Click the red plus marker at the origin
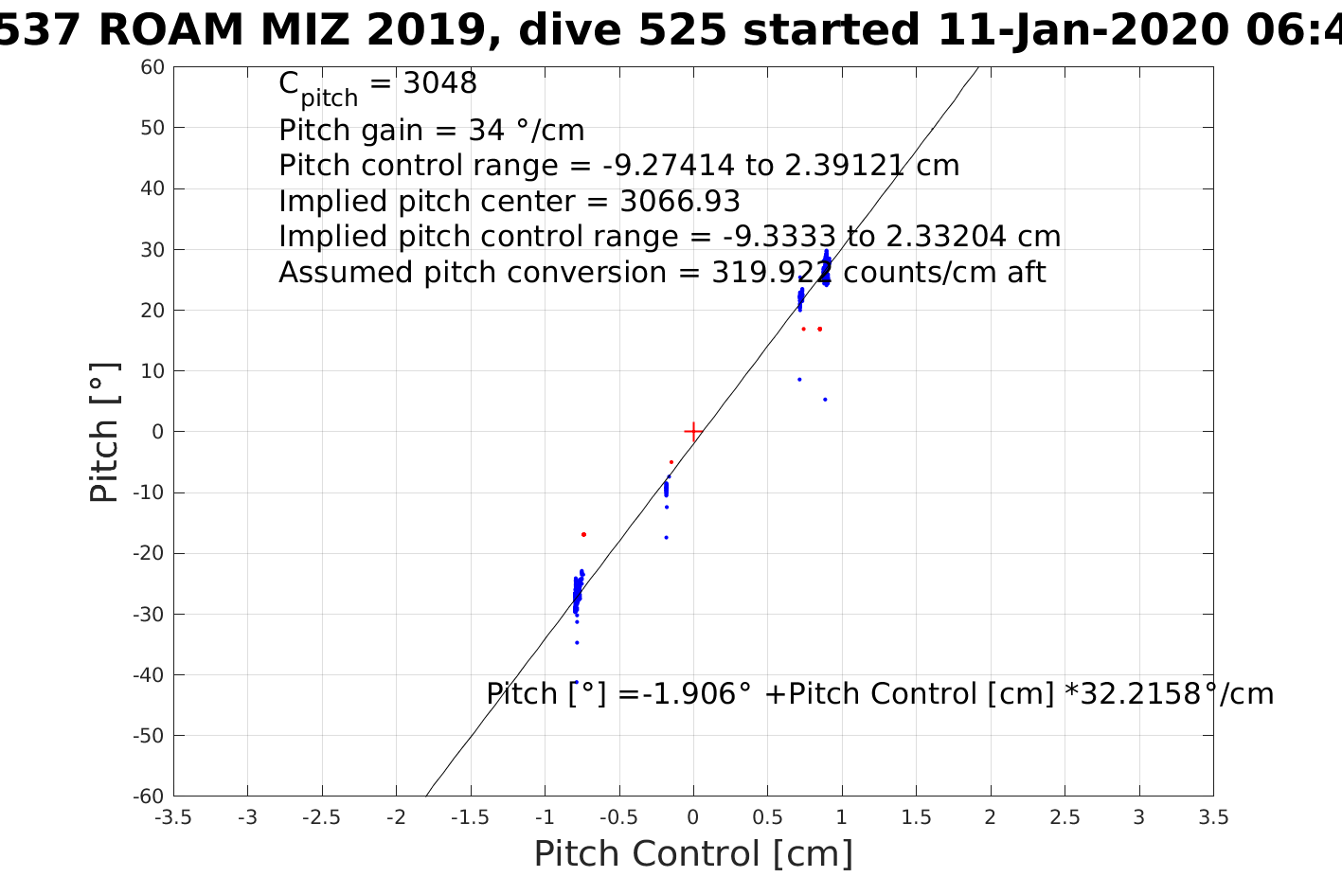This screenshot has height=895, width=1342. coord(693,432)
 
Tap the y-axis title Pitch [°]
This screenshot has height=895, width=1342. coord(104,432)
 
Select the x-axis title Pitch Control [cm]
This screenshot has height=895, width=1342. coord(693,854)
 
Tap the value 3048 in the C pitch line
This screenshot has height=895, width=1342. coord(440,84)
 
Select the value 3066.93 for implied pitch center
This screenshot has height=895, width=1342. coord(680,202)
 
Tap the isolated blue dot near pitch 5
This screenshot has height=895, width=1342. coord(825,400)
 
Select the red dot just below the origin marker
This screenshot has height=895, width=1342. coord(671,462)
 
